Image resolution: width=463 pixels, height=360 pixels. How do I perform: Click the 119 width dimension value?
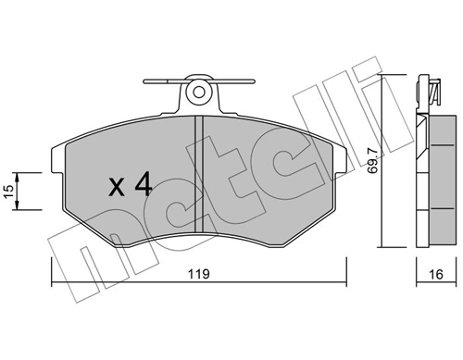(x=199, y=274)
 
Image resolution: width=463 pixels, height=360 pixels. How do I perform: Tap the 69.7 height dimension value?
(x=372, y=161)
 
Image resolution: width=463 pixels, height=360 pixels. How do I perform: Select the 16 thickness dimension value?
(x=436, y=274)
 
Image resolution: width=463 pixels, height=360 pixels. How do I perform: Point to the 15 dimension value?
(x=8, y=192)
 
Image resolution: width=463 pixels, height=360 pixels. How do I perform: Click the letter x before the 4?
(x=117, y=187)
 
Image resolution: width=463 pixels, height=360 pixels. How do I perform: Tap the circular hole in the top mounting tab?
(x=199, y=92)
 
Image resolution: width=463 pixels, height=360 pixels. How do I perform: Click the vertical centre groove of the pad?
(x=199, y=173)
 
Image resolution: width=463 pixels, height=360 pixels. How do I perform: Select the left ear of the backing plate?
(x=57, y=159)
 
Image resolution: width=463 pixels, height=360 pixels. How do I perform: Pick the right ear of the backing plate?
(x=340, y=159)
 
